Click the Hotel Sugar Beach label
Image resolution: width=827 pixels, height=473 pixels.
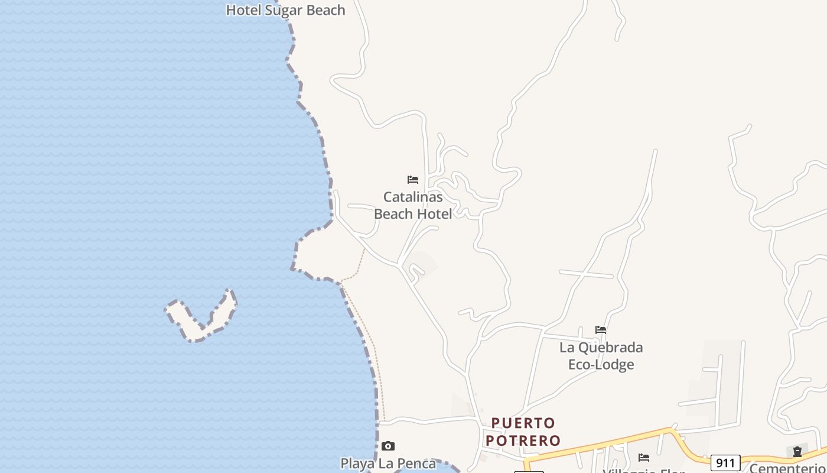285,10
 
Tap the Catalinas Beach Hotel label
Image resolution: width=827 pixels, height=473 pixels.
413,205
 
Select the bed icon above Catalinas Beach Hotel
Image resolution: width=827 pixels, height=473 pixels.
413,180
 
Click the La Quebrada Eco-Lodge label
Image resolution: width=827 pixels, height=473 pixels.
601,355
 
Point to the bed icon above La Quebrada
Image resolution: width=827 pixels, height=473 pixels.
601,330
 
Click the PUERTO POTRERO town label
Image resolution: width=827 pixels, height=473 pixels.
523,432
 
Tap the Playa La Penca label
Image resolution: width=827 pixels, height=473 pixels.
388,464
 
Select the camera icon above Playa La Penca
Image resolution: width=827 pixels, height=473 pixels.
388,446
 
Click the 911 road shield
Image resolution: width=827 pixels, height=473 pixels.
725,462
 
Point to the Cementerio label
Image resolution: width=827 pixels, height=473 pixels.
787,468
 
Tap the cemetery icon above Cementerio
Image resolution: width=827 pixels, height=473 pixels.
797,452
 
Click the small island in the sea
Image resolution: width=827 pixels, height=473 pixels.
201,316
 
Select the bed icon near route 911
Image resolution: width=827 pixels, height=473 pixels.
644,457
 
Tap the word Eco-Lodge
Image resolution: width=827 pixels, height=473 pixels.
601,364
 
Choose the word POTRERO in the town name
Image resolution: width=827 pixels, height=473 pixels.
523,440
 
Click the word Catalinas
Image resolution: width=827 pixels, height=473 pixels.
413,197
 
